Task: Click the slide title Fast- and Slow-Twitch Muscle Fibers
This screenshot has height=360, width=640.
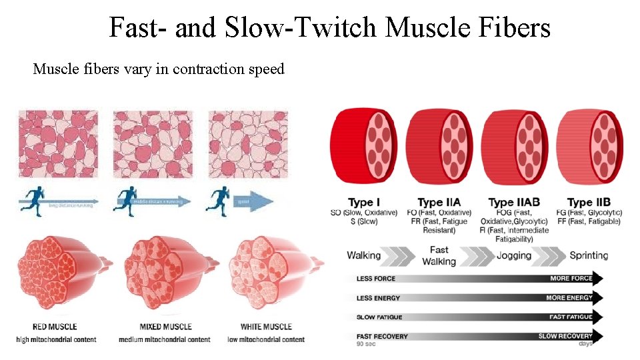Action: [330, 28]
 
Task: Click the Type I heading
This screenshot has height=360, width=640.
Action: [365, 202]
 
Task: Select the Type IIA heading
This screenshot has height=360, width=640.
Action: [439, 202]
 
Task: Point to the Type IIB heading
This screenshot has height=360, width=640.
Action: [589, 202]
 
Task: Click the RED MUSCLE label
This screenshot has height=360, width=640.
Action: [55, 327]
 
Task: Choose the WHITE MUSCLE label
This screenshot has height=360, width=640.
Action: [266, 327]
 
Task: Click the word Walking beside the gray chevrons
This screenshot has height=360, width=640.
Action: [364, 255]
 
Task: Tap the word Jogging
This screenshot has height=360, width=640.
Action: [513, 255]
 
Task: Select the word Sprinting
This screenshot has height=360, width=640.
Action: [589, 255]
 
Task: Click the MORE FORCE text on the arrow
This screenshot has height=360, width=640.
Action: [571, 279]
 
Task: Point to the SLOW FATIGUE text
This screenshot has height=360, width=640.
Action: [379, 317]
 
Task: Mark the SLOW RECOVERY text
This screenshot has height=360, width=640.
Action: [565, 336]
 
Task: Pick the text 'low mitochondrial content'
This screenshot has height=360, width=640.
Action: [267, 339]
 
